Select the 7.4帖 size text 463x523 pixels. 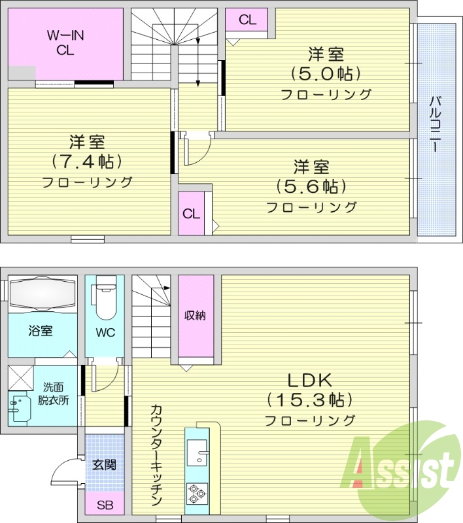tap(88, 161)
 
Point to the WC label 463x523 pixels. tap(105, 332)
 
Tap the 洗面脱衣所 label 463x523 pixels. tap(52, 394)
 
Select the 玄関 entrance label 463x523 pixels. tap(104, 465)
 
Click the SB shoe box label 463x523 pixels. tap(104, 505)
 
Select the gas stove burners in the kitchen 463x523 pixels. tap(196, 492)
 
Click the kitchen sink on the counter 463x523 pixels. tap(197, 451)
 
